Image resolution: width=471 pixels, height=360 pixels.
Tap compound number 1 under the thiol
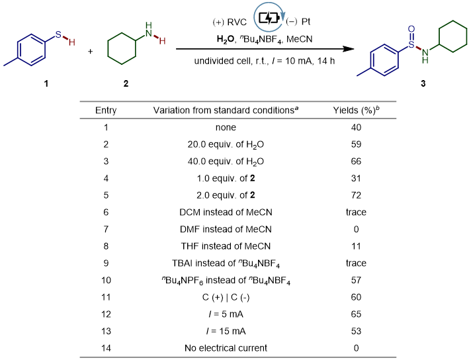coord(46,84)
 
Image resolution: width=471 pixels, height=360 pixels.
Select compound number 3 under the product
coord(423,84)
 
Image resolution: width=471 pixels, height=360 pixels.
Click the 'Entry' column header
coord(106,110)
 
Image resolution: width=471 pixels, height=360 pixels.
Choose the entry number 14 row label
coord(106,347)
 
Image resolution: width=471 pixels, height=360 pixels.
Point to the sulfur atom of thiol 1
coord(61,31)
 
